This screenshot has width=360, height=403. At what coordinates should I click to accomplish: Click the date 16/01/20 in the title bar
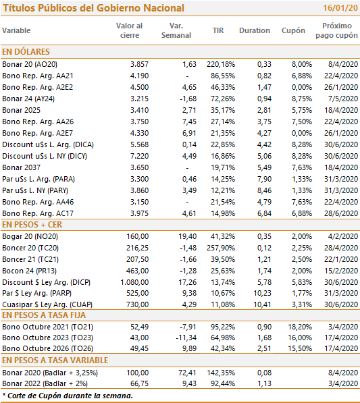coord(340,8)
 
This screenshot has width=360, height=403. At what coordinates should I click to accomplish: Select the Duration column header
coord(255,30)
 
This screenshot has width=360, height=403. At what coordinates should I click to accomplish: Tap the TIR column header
coord(218,30)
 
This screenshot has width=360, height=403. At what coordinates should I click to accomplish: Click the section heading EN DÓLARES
coord(26,52)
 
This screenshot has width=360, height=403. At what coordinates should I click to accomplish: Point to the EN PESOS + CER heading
coord(32,225)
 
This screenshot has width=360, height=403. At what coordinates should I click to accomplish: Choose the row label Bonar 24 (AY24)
coord(28,99)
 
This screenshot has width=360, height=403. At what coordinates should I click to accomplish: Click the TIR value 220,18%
coord(221,64)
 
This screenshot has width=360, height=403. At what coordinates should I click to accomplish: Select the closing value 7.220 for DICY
coord(139,156)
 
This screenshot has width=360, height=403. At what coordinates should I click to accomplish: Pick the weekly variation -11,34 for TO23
coord(186,338)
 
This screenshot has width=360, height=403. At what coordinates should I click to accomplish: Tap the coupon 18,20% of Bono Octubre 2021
coord(300,327)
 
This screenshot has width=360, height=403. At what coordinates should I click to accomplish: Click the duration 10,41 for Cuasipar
coord(262,304)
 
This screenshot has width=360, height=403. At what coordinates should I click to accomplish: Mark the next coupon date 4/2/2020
coord(343,236)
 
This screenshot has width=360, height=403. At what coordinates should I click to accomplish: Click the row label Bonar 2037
coord(22,167)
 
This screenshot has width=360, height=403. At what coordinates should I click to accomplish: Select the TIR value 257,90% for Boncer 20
coord(221,248)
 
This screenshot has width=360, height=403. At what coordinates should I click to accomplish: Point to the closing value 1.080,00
coord(134,282)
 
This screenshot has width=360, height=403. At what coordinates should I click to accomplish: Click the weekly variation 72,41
coord(187,373)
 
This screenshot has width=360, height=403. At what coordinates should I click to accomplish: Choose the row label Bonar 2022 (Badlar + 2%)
coord(45,383)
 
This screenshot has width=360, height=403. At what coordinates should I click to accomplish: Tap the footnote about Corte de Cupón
coord(68,396)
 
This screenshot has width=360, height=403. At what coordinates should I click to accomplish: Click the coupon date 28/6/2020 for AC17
coord(341,213)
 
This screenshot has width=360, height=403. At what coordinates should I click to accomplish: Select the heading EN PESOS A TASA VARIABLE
coord(55,360)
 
